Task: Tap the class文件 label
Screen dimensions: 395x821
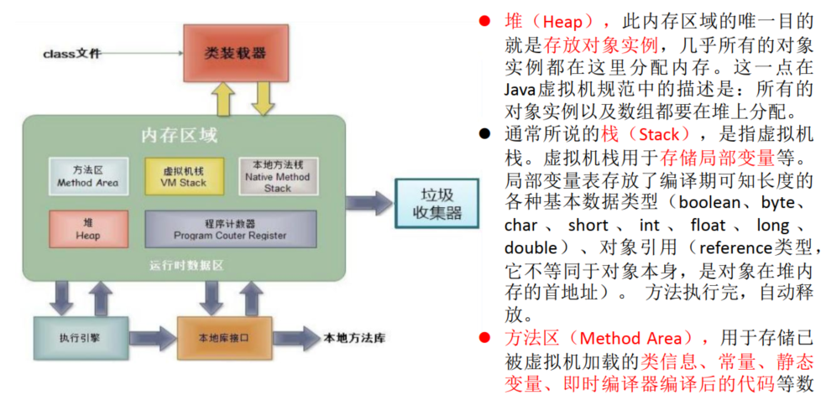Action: tap(72, 54)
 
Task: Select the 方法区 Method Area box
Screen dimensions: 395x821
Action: tap(87, 176)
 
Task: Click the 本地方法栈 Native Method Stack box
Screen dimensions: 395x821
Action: tap(277, 176)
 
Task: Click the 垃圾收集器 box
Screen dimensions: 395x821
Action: tap(430, 205)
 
